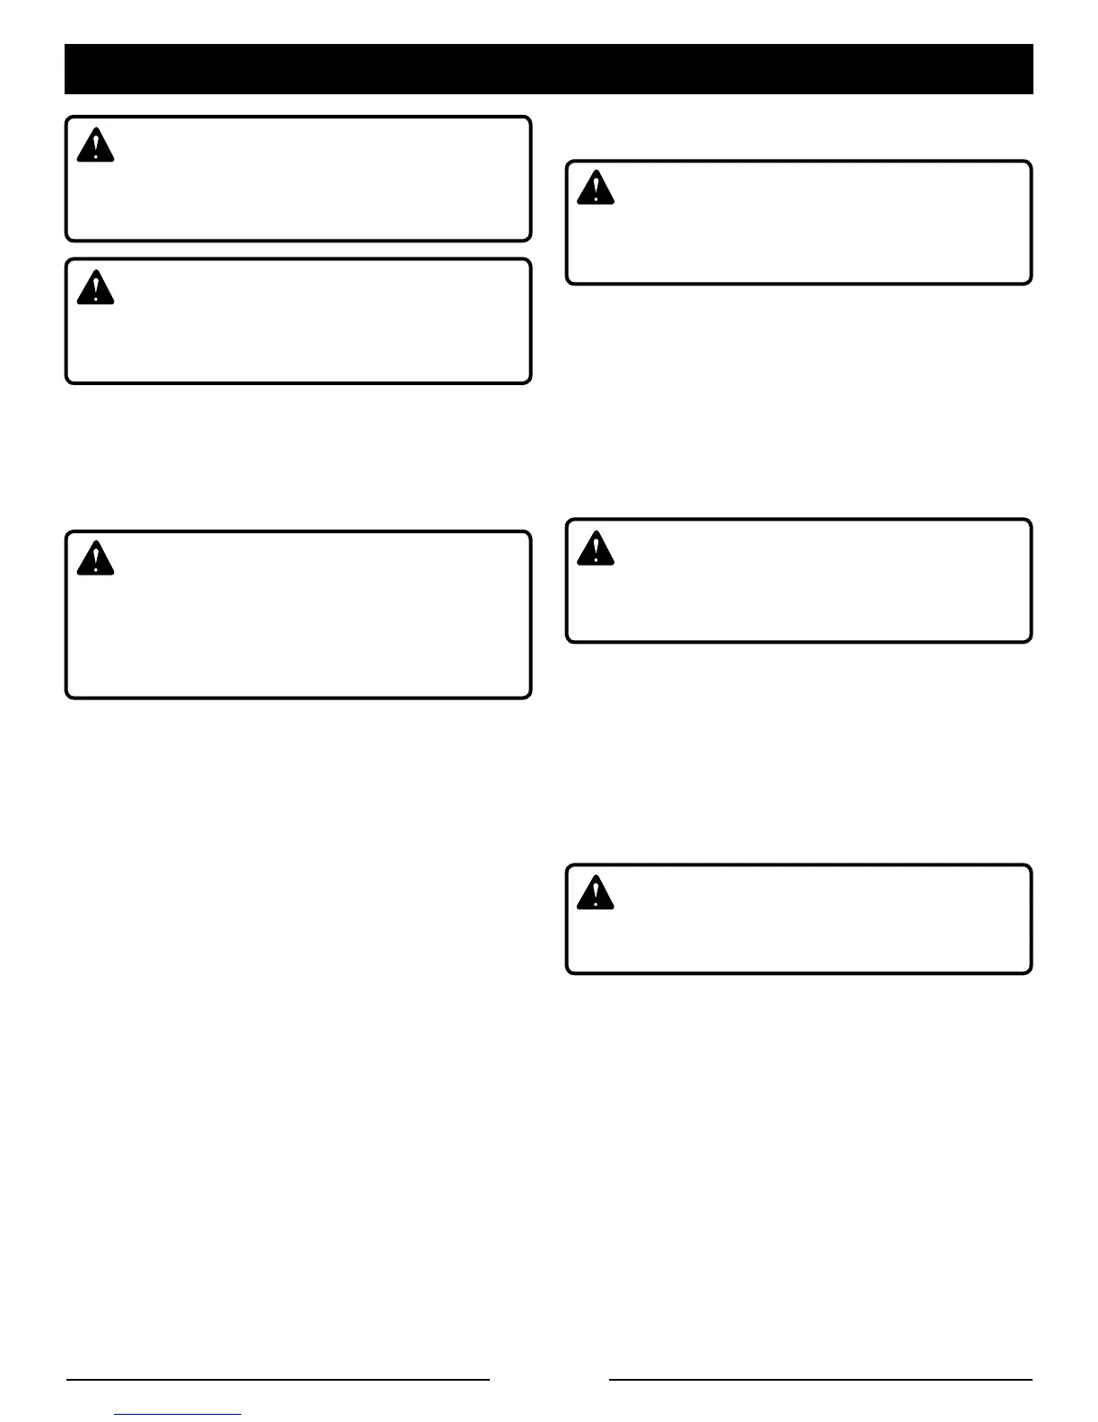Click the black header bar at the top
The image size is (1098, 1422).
click(548, 69)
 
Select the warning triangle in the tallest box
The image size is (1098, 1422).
click(95, 559)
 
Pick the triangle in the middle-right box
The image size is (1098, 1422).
click(595, 549)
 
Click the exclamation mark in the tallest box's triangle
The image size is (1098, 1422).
click(95, 557)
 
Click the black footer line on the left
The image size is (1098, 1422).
click(278, 1379)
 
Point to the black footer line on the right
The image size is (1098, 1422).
click(821, 1379)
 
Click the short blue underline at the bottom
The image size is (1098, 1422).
click(179, 1415)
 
